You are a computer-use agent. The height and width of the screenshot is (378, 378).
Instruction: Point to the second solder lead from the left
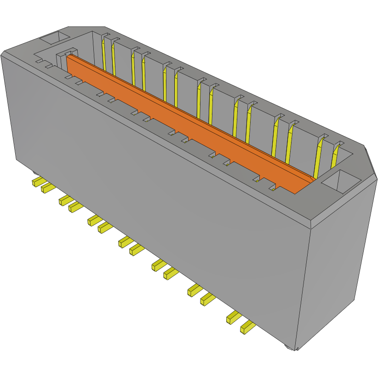pos(47,188)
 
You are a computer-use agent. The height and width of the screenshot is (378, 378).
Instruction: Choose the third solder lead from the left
pos(65,200)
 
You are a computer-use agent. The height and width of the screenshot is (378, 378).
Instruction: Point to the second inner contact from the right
pos(318,159)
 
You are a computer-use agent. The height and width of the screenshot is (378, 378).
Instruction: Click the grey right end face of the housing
pos(338,271)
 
